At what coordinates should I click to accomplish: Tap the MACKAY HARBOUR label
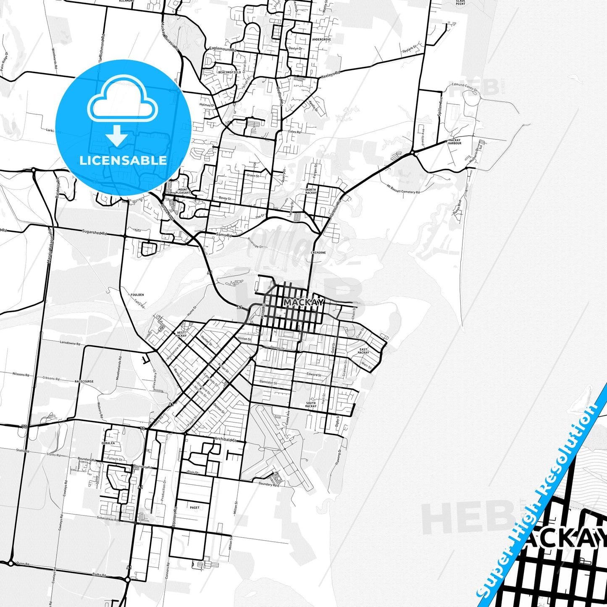pyautogui.click(x=455, y=142)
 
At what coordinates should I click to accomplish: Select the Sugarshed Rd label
pyautogui.click(x=95, y=233)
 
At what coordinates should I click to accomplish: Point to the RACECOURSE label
pyautogui.click(x=84, y=381)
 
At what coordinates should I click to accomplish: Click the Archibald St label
pyautogui.click(x=226, y=439)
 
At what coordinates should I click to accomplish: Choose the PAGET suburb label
pyautogui.click(x=194, y=507)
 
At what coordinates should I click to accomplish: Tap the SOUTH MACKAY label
pyautogui.click(x=311, y=405)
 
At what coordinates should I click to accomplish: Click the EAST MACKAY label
pyautogui.click(x=363, y=351)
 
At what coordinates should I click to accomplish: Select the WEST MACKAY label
pyautogui.click(x=181, y=334)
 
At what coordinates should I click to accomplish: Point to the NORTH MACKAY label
pyautogui.click(x=311, y=191)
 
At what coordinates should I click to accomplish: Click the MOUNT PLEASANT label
pyautogui.click(x=184, y=191)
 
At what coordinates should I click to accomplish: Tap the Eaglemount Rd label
pyautogui.click(x=223, y=50)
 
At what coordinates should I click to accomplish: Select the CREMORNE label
pyautogui.click(x=318, y=252)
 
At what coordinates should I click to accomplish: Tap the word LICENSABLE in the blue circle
pyautogui.click(x=123, y=160)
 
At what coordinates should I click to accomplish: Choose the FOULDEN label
pyautogui.click(x=137, y=294)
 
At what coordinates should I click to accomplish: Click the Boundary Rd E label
pyautogui.click(x=269, y=484)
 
